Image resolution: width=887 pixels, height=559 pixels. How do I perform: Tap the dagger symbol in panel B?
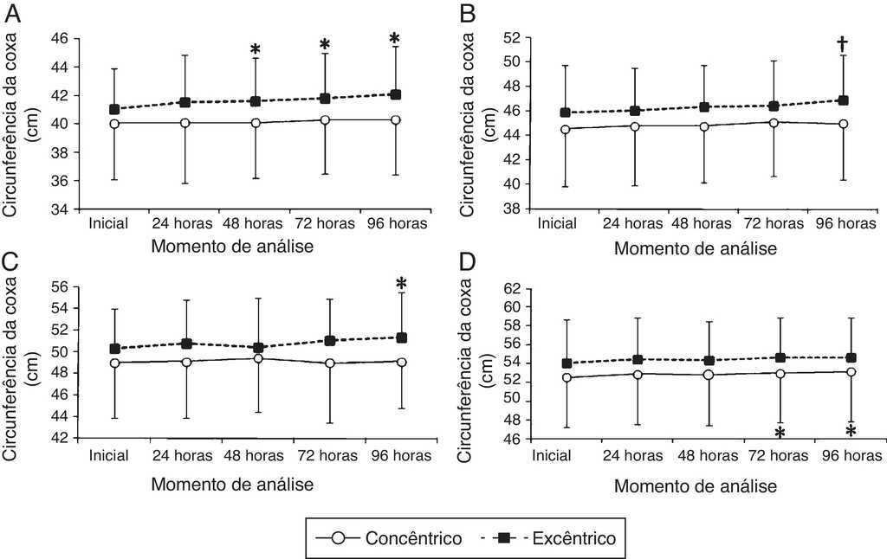(841, 43)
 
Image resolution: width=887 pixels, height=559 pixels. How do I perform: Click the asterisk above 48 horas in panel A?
(256, 50)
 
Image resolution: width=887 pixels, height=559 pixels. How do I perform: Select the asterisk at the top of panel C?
(401, 285)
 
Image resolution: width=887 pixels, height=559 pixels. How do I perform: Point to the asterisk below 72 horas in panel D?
(780, 433)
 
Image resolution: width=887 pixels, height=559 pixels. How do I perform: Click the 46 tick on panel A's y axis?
(60, 39)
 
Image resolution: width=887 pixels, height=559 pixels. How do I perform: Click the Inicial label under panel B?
(556, 224)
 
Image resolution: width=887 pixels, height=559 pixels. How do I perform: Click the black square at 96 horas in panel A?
(395, 94)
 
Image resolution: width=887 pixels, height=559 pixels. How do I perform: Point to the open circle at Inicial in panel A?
(114, 123)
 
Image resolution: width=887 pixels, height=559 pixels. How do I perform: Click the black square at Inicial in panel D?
(567, 363)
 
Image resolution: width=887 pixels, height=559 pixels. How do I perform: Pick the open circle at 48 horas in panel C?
(258, 358)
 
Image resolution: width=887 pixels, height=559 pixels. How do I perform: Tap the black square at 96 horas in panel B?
(841, 100)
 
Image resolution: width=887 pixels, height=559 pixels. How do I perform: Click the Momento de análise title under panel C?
(232, 484)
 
